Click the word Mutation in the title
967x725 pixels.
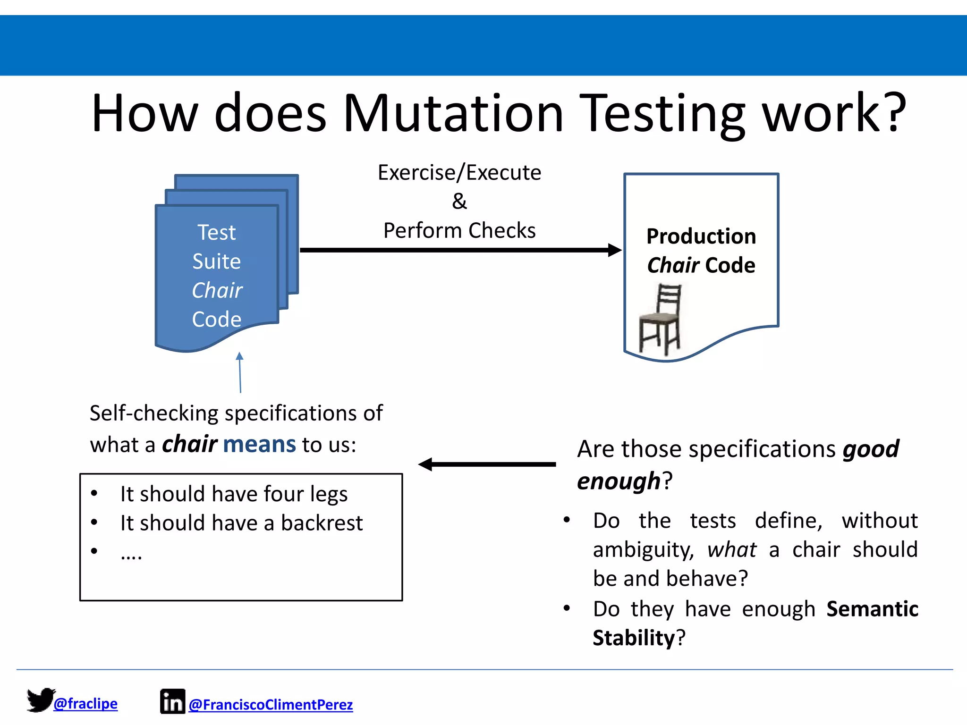tap(453, 113)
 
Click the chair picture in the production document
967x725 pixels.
tap(661, 320)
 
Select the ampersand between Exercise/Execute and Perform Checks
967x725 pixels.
tap(459, 202)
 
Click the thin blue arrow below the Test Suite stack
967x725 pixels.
tap(240, 373)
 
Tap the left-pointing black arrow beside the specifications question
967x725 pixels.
tap(486, 464)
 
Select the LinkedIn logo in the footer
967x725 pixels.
tap(172, 701)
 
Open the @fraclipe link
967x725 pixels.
tap(85, 704)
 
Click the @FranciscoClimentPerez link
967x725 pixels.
tap(271, 705)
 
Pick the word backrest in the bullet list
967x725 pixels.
tap(322, 523)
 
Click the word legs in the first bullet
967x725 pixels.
tap(329, 495)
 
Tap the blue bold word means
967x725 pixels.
tap(259, 445)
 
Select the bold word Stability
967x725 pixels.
tap(634, 638)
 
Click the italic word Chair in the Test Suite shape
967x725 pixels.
tap(217, 290)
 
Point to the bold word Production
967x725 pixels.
tap(701, 236)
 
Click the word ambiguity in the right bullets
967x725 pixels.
tap(643, 550)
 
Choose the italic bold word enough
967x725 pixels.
tap(619, 481)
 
